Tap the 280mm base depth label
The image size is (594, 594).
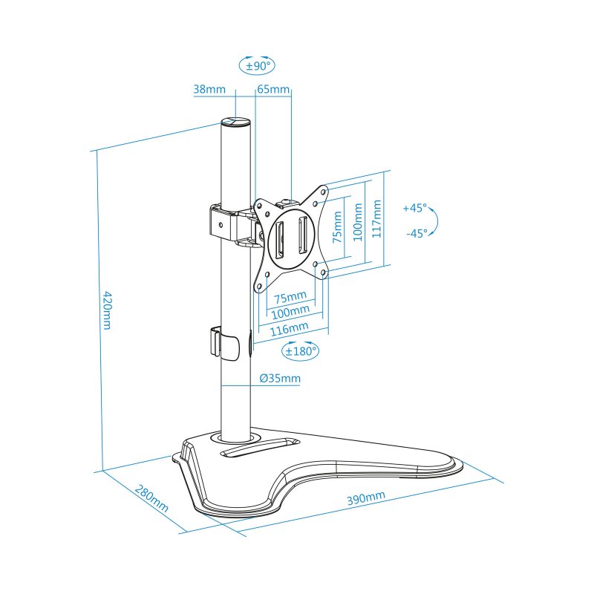[151, 500]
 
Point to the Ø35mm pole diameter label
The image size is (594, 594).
[280, 379]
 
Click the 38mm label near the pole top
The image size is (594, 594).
[209, 89]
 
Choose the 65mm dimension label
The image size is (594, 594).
[273, 89]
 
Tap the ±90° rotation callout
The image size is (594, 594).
[258, 65]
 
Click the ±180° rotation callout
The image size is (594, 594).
[300, 350]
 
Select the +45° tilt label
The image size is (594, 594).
[415, 208]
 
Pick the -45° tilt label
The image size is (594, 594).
[417, 233]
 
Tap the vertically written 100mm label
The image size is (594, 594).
[358, 221]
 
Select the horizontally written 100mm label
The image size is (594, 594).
[289, 312]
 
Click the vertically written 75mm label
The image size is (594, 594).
[337, 227]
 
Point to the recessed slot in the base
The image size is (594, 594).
[259, 447]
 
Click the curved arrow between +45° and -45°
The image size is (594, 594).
[435, 221]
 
